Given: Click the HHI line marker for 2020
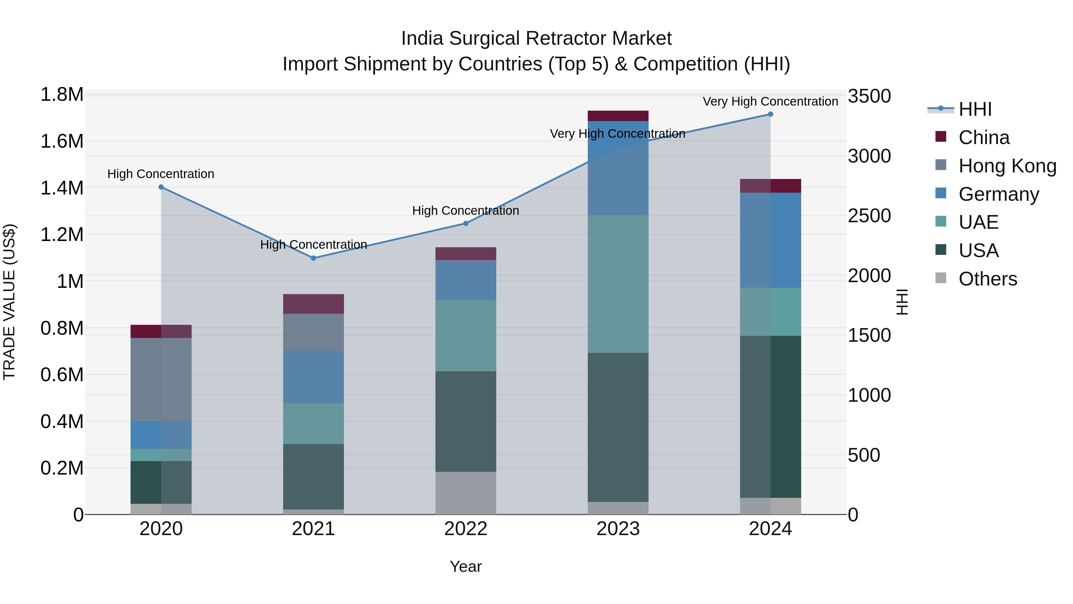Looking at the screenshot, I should (161, 187).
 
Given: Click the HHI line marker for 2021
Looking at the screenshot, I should (314, 258).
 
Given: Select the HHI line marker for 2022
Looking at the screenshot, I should (466, 223).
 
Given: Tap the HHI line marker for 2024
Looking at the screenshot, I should (770, 114).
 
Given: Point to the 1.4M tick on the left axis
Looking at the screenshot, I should (62, 188).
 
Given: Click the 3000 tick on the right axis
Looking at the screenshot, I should (869, 156).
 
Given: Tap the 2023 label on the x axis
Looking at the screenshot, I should (618, 529).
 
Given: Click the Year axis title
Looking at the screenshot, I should (466, 566).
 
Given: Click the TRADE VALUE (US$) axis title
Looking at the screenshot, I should (10, 302).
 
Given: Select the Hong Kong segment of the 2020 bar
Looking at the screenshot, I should (161, 379).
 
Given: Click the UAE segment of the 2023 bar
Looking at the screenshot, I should (618, 284).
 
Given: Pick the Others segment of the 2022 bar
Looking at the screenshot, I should (466, 493).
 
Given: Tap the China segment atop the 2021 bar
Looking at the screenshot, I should (314, 304).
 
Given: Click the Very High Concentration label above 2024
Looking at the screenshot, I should (770, 101).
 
